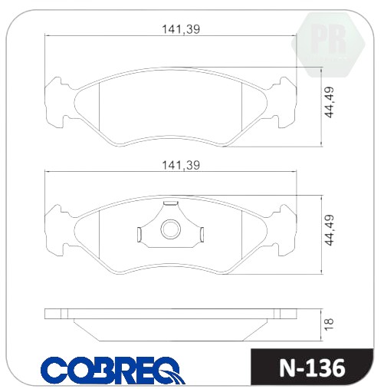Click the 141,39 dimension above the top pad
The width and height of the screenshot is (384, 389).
point(181,29)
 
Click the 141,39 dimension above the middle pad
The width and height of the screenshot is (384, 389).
point(181,166)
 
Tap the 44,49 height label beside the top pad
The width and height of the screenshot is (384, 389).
point(330,102)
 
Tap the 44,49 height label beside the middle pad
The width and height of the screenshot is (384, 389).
point(330,230)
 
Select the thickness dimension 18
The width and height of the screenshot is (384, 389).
point(330,325)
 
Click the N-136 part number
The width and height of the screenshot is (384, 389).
point(312,368)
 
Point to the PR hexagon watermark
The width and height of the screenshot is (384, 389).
point(328,45)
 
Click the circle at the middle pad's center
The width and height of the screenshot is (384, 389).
point(171,229)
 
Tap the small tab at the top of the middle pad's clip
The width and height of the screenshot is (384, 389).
point(171,203)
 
